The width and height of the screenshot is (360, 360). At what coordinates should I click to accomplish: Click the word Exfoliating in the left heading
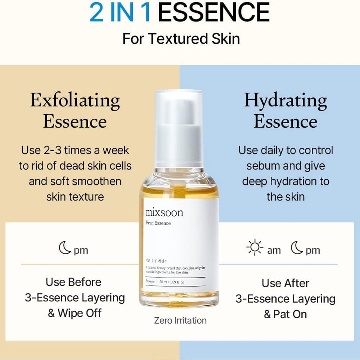click(75, 100)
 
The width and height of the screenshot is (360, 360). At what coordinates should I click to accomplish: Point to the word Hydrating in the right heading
click(285, 100)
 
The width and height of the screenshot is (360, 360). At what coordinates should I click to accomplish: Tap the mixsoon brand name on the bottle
click(165, 212)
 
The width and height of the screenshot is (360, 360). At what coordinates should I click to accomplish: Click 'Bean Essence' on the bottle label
click(158, 223)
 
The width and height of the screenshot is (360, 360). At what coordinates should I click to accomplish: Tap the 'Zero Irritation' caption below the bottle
click(180, 320)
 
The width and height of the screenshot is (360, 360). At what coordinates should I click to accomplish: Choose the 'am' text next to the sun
click(274, 251)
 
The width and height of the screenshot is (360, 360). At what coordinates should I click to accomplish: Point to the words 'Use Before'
click(73, 282)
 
